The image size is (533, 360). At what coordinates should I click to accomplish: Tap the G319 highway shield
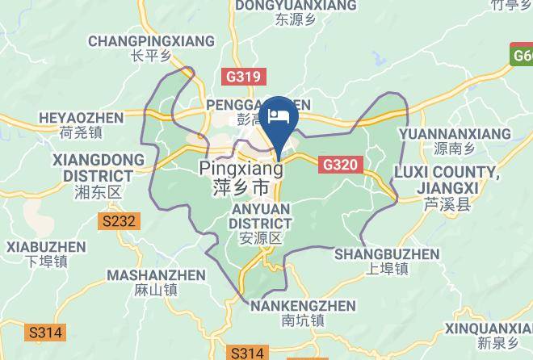click(x=241, y=77)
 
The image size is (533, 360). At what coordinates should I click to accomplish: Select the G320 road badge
click(x=340, y=165)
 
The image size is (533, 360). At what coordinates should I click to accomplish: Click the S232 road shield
click(x=120, y=220)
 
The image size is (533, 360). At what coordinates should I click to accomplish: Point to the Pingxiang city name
click(x=241, y=170)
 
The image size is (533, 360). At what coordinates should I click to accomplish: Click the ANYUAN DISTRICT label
click(x=260, y=215)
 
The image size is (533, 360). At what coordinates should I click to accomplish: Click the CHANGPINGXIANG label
click(x=151, y=40)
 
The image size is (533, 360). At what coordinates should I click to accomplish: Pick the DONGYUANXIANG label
click(x=296, y=6)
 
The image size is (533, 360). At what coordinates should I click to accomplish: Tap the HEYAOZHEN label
click(x=81, y=118)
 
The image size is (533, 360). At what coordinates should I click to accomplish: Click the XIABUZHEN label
click(x=45, y=246)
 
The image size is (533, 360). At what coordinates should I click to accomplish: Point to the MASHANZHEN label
click(x=157, y=274)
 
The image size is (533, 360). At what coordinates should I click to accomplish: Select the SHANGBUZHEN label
click(x=387, y=254)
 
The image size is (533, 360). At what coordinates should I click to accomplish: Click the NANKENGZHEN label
click(x=303, y=306)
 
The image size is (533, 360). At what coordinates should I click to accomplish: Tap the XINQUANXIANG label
click(x=489, y=329)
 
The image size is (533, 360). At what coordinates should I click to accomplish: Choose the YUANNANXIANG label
click(x=455, y=133)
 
